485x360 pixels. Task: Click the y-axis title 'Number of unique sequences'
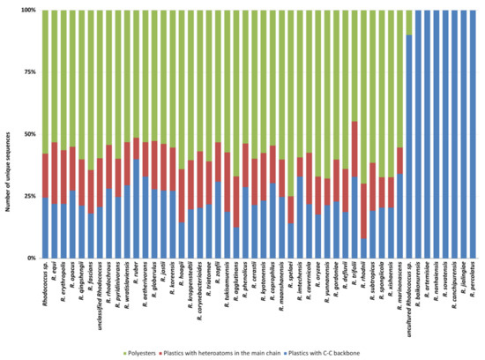[x=8, y=134]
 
